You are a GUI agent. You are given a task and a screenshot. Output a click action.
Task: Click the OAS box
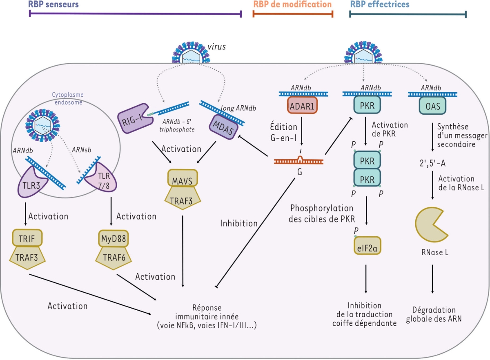(x=432, y=105)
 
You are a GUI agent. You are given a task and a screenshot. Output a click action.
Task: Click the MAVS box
(x=183, y=178)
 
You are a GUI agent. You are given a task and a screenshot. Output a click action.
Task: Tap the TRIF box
(x=26, y=237)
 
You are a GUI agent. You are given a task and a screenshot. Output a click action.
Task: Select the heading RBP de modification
(x=292, y=5)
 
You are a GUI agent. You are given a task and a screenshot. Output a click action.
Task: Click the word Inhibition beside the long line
(x=239, y=223)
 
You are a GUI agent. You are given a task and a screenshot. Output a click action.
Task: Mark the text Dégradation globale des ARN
(x=434, y=314)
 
